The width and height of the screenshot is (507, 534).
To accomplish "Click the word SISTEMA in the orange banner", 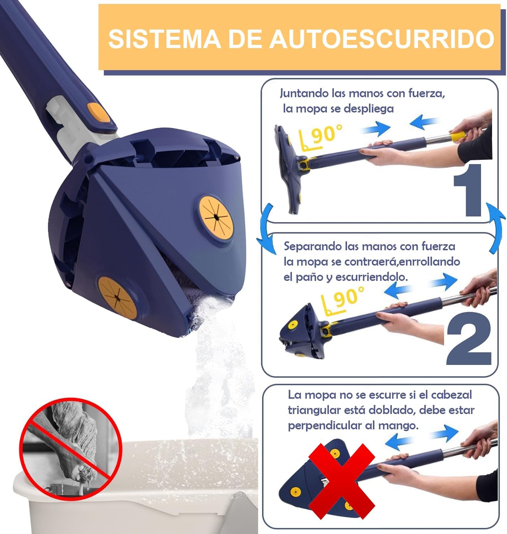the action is pos(164,39).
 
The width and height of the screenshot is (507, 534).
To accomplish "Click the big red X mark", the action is pos(342,482).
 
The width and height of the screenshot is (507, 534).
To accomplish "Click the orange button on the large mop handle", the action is pos(99,112).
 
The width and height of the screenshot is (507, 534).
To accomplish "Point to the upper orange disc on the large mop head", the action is pos(216,218).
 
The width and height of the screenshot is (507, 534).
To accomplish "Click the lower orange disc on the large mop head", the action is pos(117,298).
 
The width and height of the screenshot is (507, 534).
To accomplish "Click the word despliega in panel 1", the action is pos(368,109).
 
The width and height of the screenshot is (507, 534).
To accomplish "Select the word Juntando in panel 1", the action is pos(304,94).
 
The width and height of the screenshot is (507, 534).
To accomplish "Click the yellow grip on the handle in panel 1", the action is pos(458,136).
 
